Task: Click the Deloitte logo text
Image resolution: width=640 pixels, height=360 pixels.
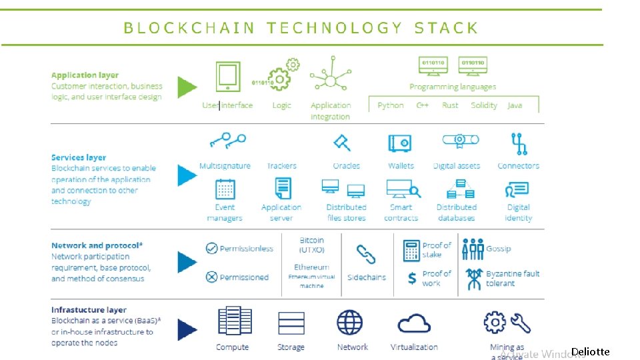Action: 590,351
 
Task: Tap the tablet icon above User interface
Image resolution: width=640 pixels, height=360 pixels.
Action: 228,77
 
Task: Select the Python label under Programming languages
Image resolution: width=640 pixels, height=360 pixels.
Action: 391,105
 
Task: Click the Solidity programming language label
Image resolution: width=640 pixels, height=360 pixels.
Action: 484,105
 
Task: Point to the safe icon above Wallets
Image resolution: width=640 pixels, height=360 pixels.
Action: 400,143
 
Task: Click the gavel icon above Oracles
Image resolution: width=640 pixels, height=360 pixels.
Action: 342,142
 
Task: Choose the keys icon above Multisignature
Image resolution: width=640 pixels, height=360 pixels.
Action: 227,142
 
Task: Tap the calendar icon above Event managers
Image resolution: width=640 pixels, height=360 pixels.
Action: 225,189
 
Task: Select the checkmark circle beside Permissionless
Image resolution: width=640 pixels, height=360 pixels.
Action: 211,249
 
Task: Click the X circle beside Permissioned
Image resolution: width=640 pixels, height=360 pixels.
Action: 211,277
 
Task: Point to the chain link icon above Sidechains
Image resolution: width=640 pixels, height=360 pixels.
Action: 366,254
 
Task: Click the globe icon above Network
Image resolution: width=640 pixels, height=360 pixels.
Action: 350,323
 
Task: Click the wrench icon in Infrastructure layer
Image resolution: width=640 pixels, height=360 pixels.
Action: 521,323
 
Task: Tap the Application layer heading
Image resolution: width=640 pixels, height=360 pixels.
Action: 85,75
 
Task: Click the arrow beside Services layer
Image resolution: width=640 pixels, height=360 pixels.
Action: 187,175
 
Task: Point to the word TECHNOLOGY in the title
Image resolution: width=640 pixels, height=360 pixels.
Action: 335,28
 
